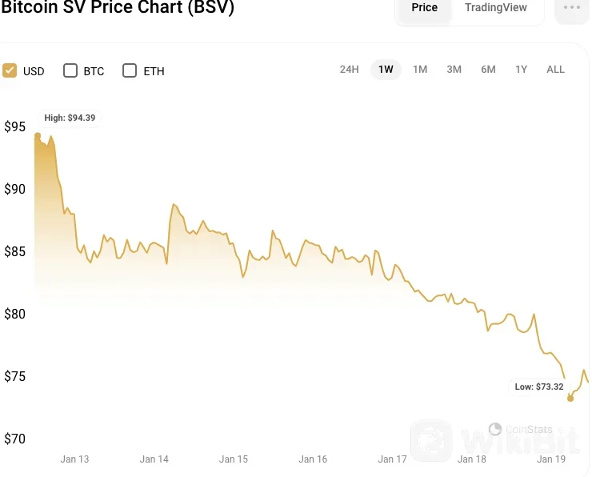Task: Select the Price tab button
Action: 424,8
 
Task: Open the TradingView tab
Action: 496,8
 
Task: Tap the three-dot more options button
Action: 571,8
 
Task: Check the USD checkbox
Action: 10,70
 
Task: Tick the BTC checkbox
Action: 70,70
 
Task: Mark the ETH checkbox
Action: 130,70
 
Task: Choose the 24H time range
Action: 349,70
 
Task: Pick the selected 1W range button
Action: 386,70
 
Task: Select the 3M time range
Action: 454,70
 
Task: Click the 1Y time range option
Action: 521,70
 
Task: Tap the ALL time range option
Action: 555,70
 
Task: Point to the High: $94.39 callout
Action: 70,118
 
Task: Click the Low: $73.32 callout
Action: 538,387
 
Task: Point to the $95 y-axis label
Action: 14,127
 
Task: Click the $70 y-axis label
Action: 14,439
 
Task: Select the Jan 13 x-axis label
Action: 74,459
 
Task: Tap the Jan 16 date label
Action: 313,459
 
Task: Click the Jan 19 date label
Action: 551,459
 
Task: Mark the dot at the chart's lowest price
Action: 570,398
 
